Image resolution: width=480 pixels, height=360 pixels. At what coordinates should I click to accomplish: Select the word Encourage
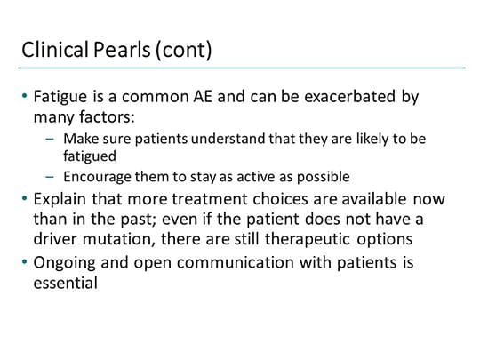(110, 175)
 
